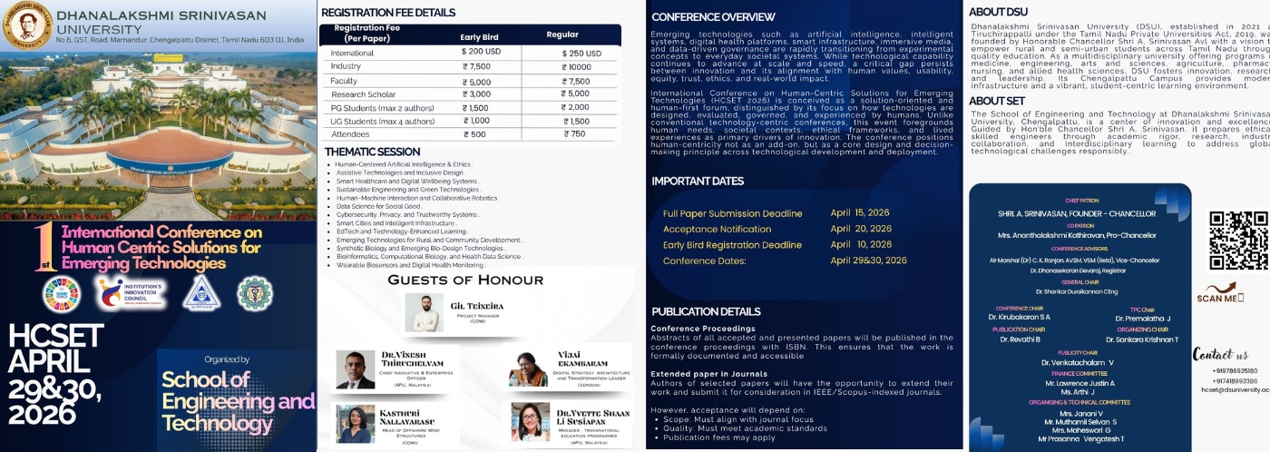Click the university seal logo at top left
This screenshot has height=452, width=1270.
pyautogui.click(x=26, y=26)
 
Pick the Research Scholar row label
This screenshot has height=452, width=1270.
pyautogui.click(x=363, y=94)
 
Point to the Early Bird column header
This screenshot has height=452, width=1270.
pyautogui.click(x=480, y=36)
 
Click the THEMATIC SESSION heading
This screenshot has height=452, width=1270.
pyautogui.click(x=372, y=152)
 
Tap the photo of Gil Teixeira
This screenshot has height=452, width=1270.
pyautogui.click(x=425, y=312)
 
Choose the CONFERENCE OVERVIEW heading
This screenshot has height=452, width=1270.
pyautogui.click(x=713, y=16)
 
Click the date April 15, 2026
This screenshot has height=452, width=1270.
pyautogui.click(x=860, y=213)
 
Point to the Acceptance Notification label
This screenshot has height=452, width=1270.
pyautogui.click(x=717, y=230)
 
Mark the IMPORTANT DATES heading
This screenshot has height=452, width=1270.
pyautogui.click(x=697, y=182)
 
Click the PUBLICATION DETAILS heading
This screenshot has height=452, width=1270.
pyautogui.click(x=706, y=311)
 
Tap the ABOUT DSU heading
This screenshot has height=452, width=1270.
pyautogui.click(x=999, y=12)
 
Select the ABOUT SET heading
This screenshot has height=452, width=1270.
pyautogui.click(x=996, y=101)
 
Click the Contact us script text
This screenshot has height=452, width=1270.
pyautogui.click(x=1220, y=354)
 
